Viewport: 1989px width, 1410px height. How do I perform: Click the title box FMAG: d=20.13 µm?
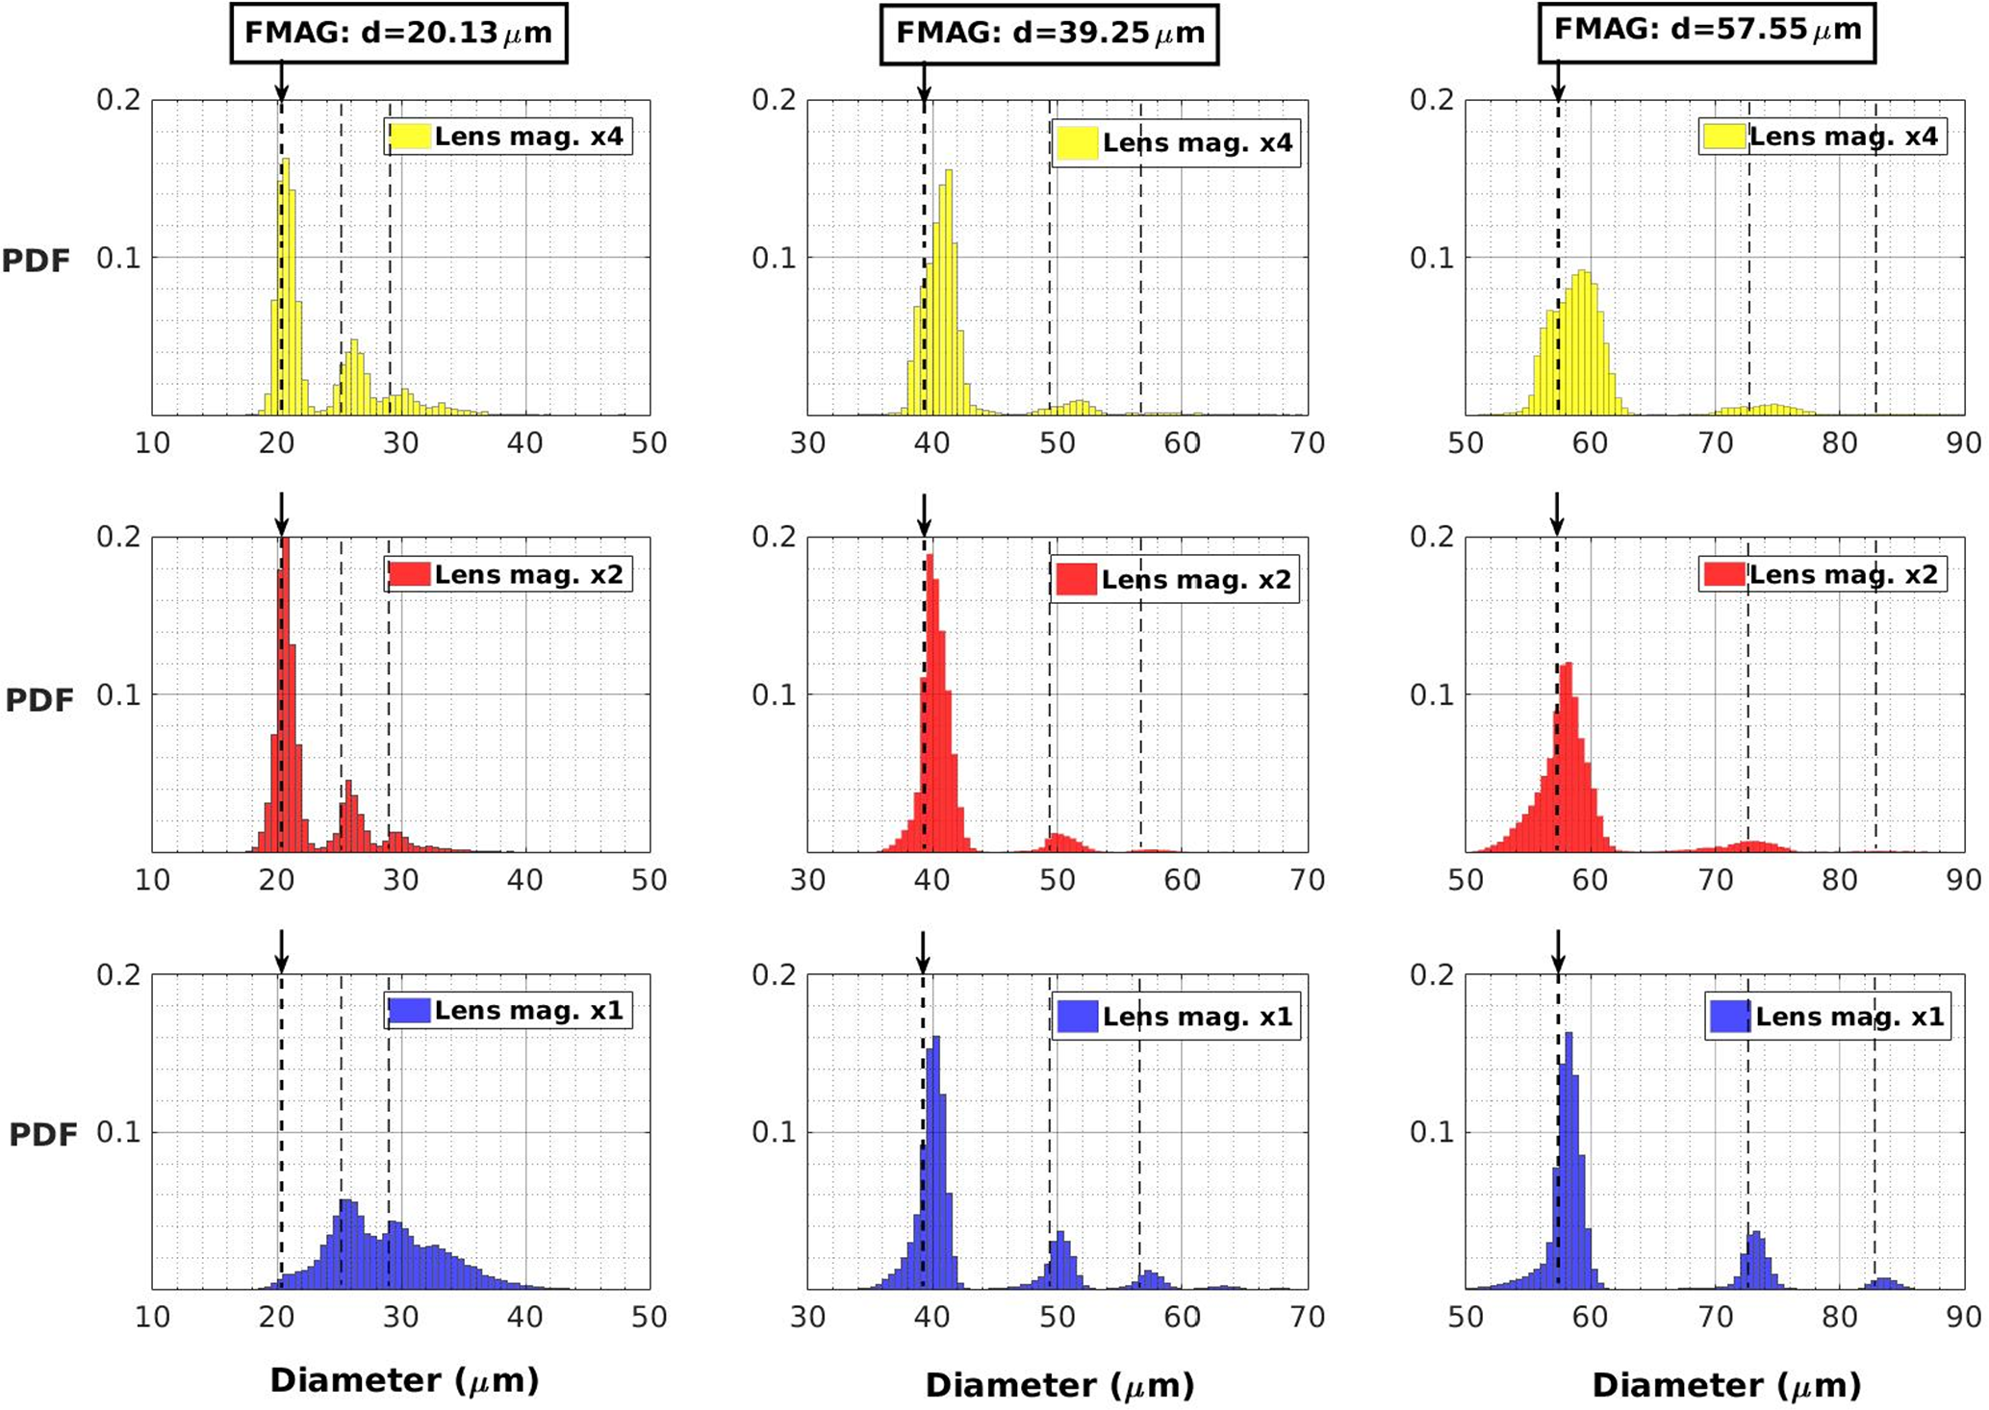coord(398,33)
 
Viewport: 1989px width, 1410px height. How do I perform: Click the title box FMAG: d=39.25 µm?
coord(1049,34)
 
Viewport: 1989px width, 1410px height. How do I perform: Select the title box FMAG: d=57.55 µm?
coord(1707,31)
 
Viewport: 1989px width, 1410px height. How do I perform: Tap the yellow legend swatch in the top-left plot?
coord(408,137)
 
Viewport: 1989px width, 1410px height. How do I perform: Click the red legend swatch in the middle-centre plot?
coord(1076,579)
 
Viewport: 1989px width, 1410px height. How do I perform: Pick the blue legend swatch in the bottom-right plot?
coord(1729,1017)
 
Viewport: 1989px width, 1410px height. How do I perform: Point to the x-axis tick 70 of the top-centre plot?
coord(1307,443)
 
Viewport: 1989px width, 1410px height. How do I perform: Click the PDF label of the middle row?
coord(39,700)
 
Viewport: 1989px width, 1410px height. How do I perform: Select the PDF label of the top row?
coord(37,261)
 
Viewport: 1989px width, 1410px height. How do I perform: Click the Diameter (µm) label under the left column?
coord(404,1381)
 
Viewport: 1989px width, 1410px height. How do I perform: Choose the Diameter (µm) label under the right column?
coord(1726,1385)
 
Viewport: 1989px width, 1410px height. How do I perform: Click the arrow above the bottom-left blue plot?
coord(281,951)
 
